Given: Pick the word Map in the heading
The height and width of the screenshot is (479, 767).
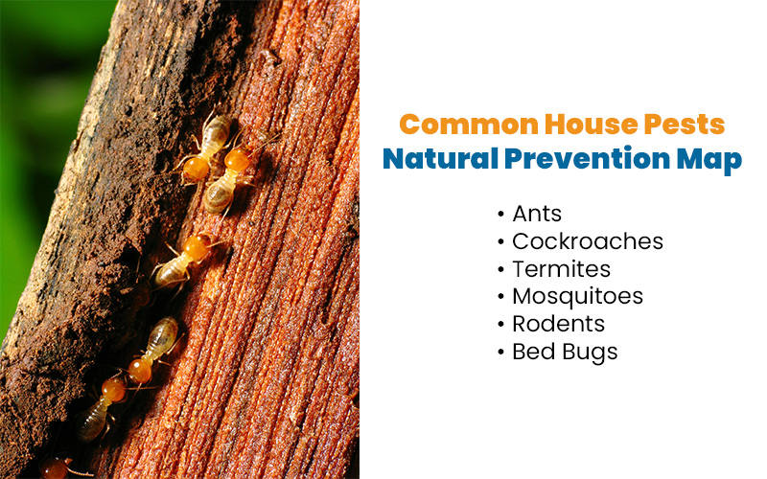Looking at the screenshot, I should [713, 159].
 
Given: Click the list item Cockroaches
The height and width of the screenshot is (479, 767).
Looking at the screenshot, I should [587, 240].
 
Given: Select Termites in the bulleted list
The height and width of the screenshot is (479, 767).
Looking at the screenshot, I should [561, 268].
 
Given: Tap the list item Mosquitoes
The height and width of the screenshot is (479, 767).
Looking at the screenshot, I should [577, 296].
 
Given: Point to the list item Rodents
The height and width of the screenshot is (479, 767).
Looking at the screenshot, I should [558, 324].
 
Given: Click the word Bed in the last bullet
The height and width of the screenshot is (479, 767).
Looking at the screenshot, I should [529, 352].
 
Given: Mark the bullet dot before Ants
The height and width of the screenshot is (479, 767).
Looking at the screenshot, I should [501, 214].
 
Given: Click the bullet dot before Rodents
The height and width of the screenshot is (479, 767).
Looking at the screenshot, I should [501, 325].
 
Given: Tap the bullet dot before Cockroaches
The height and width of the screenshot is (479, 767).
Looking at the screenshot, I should [501, 241].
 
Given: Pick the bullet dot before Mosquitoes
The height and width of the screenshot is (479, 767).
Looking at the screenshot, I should [501, 297].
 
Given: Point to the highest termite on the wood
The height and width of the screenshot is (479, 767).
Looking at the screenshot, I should [209, 144].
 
